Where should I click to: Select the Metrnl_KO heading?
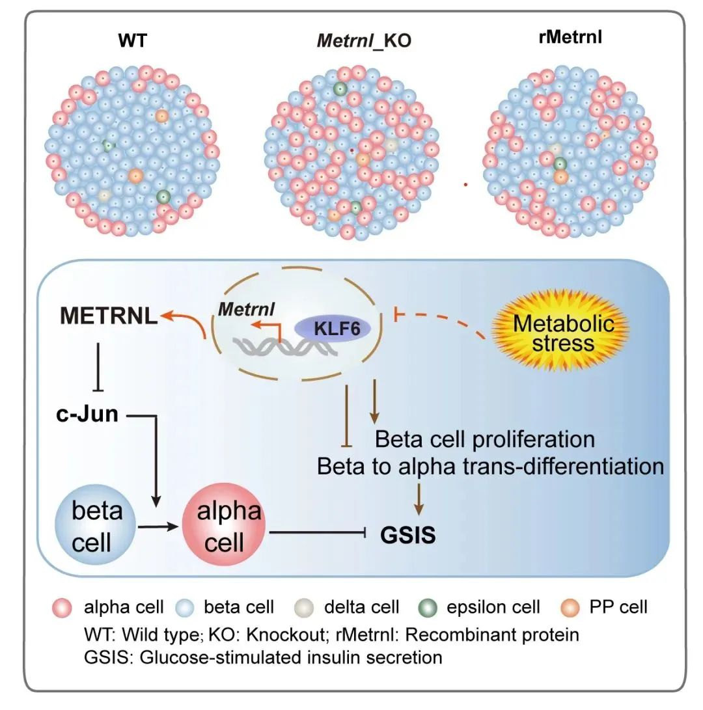364,41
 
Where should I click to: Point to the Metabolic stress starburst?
562,332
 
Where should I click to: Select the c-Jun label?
87,413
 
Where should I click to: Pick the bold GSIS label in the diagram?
409,536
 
